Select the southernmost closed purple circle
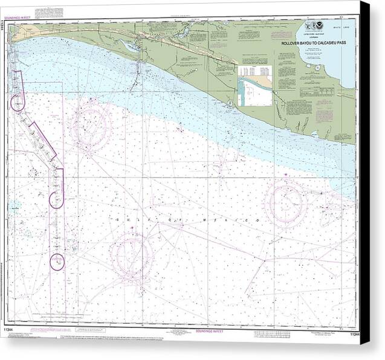57,262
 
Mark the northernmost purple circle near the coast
17,103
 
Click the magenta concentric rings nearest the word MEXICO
286,202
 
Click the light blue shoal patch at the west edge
14,205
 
